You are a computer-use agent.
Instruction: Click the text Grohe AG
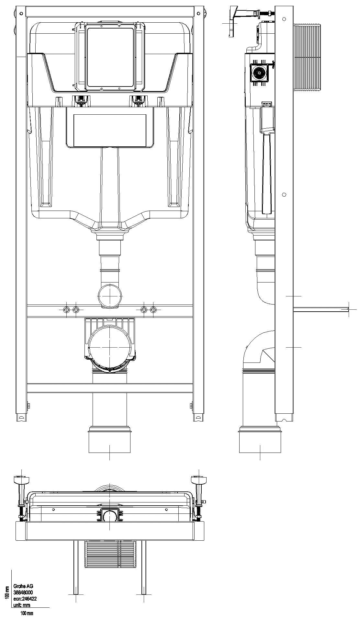(23, 586)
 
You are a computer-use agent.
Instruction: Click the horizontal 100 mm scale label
(27, 613)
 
